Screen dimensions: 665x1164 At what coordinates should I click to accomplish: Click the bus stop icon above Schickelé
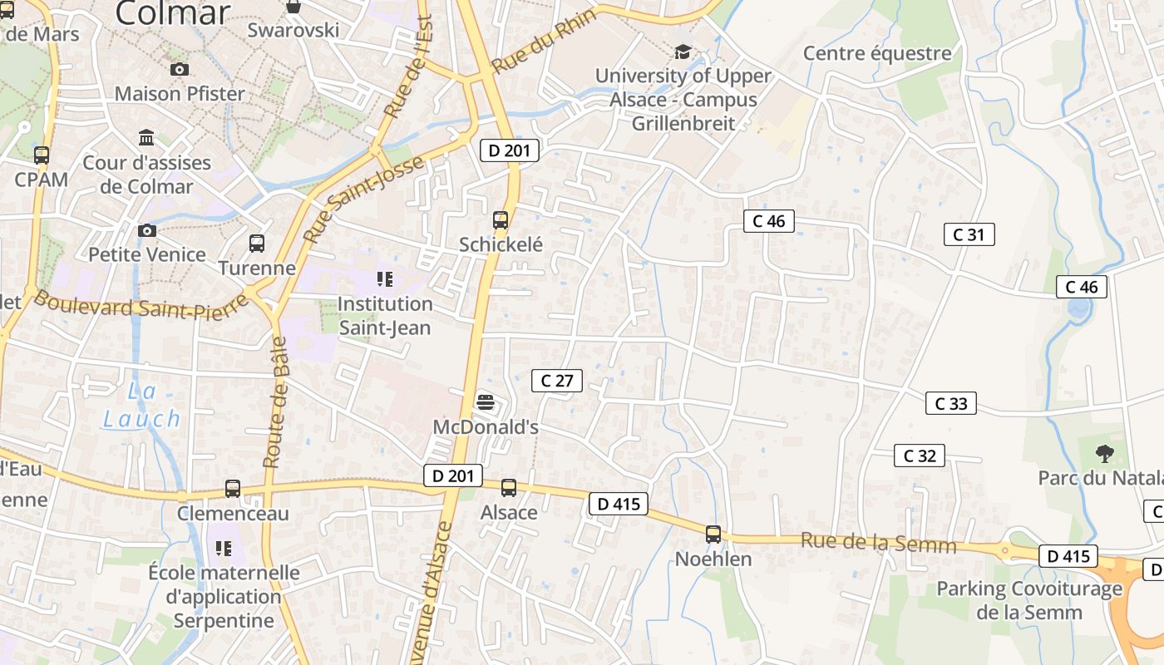pos(500,220)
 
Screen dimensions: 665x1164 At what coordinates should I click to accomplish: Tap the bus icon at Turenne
pos(257,244)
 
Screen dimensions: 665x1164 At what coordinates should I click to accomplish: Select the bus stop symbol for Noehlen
pos(713,534)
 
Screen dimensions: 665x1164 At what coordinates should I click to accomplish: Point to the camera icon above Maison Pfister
pos(179,70)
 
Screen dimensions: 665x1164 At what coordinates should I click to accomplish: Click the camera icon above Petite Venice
pos(147,230)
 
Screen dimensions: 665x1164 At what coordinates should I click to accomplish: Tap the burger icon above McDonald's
pos(486,403)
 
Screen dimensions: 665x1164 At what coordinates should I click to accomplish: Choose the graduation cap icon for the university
pos(683,52)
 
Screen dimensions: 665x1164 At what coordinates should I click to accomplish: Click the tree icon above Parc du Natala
pos(1104,454)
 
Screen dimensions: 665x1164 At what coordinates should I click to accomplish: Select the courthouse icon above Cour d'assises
pos(147,137)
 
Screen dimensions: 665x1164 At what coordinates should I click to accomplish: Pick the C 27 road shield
pos(557,381)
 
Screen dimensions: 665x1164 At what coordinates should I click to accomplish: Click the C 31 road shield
pos(969,234)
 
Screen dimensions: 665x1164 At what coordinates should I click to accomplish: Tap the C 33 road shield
pos(950,404)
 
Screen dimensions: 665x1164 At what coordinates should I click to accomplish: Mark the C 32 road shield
pos(919,456)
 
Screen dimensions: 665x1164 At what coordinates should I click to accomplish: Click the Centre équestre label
pos(876,54)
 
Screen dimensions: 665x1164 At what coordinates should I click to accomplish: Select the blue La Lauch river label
pos(141,406)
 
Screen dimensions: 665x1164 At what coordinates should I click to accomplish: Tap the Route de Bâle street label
pos(275,402)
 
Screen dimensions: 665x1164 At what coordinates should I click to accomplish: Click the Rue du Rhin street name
pos(544,42)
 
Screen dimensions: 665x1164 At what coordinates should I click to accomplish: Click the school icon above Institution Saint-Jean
pos(384,279)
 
